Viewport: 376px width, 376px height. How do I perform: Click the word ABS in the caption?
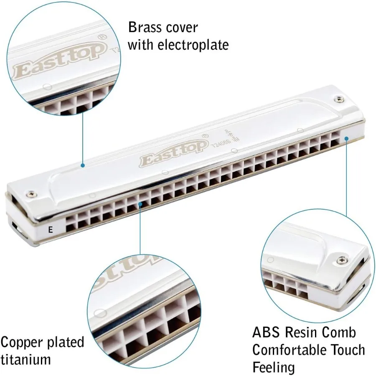click(267, 333)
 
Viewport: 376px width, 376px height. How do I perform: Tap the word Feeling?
click(274, 367)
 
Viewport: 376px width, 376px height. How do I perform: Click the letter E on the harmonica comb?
click(51, 229)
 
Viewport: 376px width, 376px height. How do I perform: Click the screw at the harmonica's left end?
click(30, 193)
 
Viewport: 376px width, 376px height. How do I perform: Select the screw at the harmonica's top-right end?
click(338, 99)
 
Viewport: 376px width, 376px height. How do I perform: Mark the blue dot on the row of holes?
click(141, 204)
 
